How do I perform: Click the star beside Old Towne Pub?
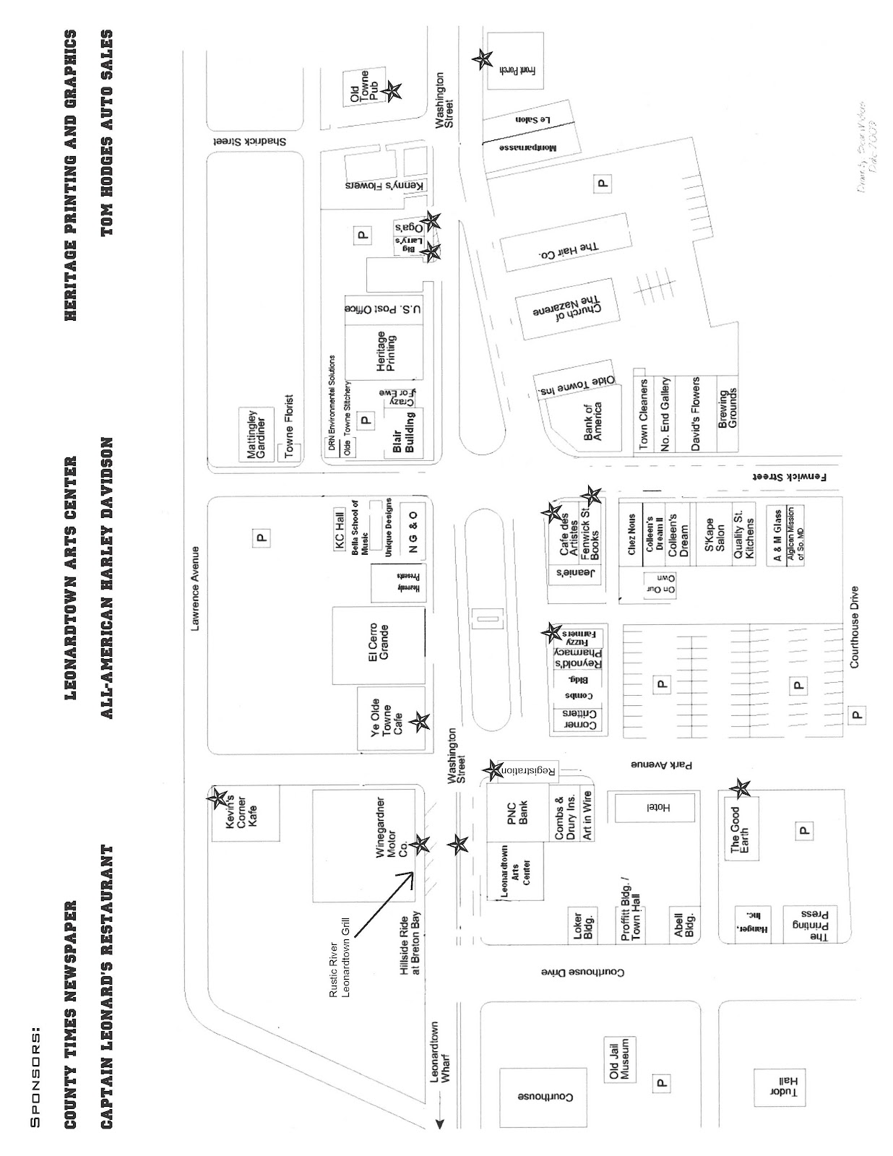(391, 91)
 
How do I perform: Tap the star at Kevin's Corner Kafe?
(217, 798)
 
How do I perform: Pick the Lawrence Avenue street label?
(195, 589)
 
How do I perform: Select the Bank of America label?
(592, 422)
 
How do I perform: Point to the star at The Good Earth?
(740, 788)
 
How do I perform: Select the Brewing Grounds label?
(727, 410)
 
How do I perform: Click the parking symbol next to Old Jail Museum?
(660, 1082)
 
